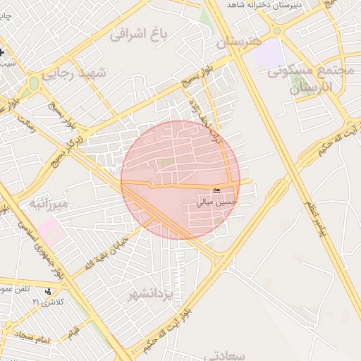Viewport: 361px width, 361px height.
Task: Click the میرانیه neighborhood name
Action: pyautogui.click(x=49, y=204)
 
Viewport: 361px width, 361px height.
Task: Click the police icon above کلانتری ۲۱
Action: pyautogui.click(x=48, y=290)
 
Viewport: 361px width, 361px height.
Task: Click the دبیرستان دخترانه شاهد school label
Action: pyautogui.click(x=272, y=6)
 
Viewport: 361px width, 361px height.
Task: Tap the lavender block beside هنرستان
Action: pyautogui.click(x=266, y=53)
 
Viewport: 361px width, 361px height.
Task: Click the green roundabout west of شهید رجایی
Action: pyautogui.click(x=33, y=84)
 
